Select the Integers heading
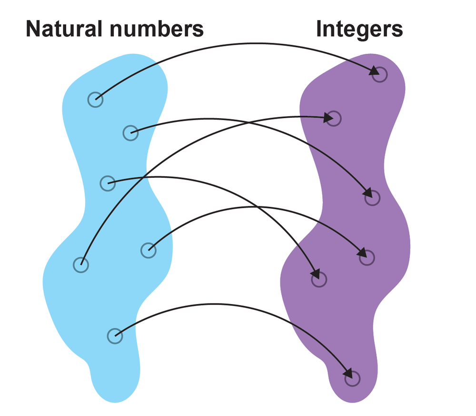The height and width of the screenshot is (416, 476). tap(359, 30)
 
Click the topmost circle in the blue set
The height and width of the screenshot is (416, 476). tap(95, 100)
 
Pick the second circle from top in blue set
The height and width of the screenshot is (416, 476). tap(130, 132)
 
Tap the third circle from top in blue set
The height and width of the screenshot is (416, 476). tap(108, 183)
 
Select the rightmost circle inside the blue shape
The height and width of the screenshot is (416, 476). tap(149, 250)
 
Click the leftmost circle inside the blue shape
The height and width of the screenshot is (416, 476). tap(81, 264)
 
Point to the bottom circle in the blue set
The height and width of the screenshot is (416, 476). tap(115, 336)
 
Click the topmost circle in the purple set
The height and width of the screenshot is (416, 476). tap(380, 74)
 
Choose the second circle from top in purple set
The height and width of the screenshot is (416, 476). tap(334, 118)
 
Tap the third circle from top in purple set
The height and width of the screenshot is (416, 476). tap(372, 198)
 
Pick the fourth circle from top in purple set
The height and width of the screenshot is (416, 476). tap(367, 258)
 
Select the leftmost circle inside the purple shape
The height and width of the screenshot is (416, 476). tap(319, 279)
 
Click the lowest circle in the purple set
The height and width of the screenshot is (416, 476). tap(352, 379)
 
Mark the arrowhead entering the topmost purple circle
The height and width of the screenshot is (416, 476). tap(374, 72)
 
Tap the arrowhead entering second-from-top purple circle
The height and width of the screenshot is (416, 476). tap(328, 117)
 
